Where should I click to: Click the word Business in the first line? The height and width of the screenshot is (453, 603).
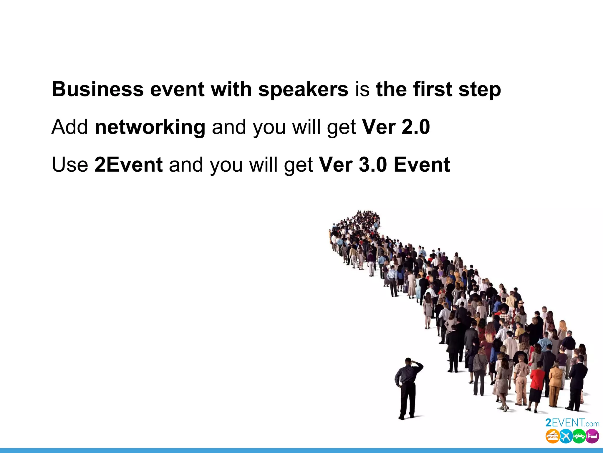pyautogui.click(x=97, y=89)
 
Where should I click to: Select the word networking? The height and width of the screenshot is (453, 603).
pyautogui.click(x=150, y=127)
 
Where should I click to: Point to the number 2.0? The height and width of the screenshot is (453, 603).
pyautogui.click(x=415, y=127)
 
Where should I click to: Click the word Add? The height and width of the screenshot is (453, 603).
pyautogui.click(x=69, y=127)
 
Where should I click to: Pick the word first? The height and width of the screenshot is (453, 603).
pyautogui.click(x=433, y=89)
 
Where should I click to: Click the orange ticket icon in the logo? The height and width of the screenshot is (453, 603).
pyautogui.click(x=552, y=436)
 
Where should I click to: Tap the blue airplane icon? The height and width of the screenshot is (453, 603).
pyautogui.click(x=566, y=436)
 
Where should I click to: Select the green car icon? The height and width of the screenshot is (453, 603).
pyautogui.click(x=579, y=436)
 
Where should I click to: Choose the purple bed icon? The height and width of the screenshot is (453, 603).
pyautogui.click(x=592, y=436)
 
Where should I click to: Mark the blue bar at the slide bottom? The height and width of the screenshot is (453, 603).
pyautogui.click(x=301, y=451)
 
